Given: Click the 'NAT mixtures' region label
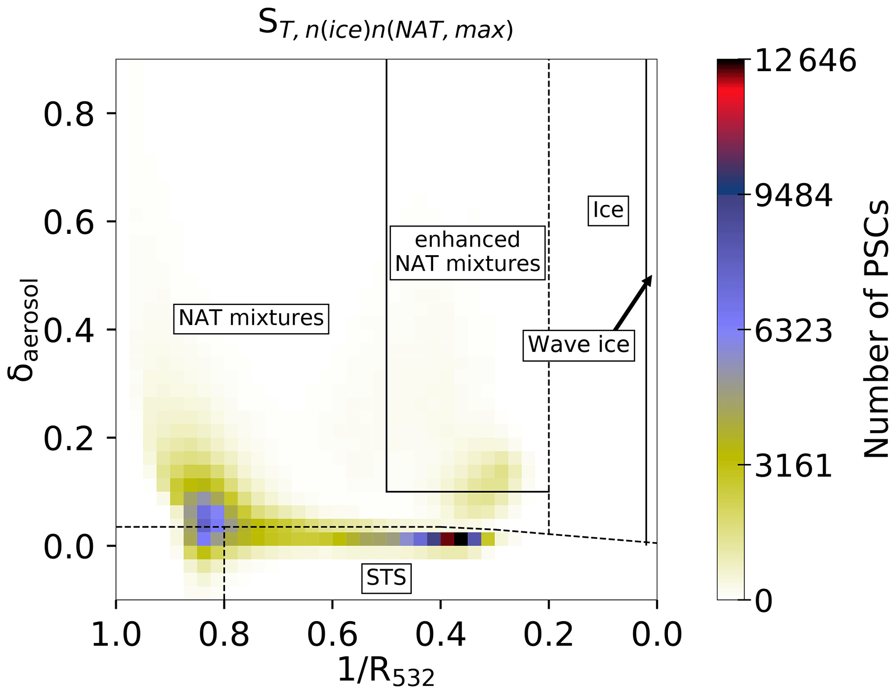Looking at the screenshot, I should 251,318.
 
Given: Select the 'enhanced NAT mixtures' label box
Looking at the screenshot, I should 467,253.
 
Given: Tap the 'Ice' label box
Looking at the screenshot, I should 608,211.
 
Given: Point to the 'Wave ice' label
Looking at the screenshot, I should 579,345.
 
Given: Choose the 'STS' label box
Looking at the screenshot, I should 386,577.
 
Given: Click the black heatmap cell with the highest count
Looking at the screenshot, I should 461,539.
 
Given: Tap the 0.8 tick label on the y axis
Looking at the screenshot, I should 68,115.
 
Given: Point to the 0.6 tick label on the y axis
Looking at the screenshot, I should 68,223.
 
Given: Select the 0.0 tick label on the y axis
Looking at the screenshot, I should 68,547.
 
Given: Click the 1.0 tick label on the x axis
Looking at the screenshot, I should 116,636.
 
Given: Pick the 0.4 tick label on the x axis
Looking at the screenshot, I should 440,636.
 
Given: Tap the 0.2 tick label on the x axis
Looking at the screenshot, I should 548,636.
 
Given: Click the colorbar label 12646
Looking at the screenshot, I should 805,61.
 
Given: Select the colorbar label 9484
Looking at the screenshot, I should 793,196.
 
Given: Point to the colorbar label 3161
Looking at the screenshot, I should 793,466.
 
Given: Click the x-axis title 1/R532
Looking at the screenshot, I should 385,672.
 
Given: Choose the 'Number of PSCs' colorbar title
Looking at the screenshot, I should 876,329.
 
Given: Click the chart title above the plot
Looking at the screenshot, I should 385,25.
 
